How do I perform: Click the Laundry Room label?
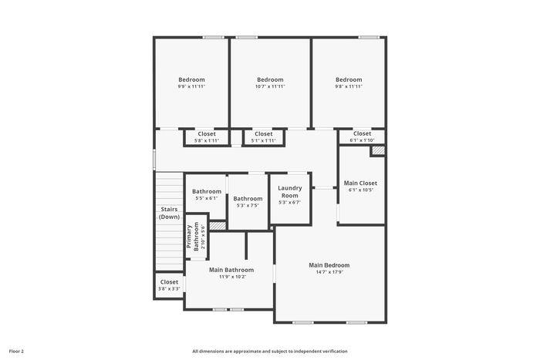pyautogui.click(x=289, y=192)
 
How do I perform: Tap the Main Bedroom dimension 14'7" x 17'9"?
pyautogui.click(x=329, y=272)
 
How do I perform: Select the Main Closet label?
pyautogui.click(x=360, y=183)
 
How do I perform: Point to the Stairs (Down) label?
pyautogui.click(x=169, y=213)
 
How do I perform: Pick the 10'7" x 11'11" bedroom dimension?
pyautogui.click(x=270, y=86)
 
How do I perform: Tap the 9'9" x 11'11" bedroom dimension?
pyautogui.click(x=191, y=86)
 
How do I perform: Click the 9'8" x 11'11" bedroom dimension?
pyautogui.click(x=349, y=86)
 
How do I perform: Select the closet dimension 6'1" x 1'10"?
pyautogui.click(x=362, y=140)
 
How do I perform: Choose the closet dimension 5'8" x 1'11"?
pyautogui.click(x=207, y=140)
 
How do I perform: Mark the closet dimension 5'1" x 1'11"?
pyautogui.click(x=264, y=140)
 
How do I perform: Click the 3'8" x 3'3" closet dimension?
pyautogui.click(x=169, y=289)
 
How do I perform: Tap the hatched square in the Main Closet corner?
pyautogui.click(x=378, y=150)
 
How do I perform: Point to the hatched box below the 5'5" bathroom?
pyautogui.click(x=218, y=226)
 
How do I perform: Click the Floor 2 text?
pyautogui.click(x=16, y=352)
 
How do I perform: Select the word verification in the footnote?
pyautogui.click(x=336, y=352)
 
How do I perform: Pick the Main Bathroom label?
pyautogui.click(x=231, y=270)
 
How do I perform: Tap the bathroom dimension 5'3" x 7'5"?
pyautogui.click(x=248, y=206)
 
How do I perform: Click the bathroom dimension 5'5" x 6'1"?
pyautogui.click(x=207, y=198)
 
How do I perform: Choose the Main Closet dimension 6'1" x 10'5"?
pyautogui.click(x=360, y=190)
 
